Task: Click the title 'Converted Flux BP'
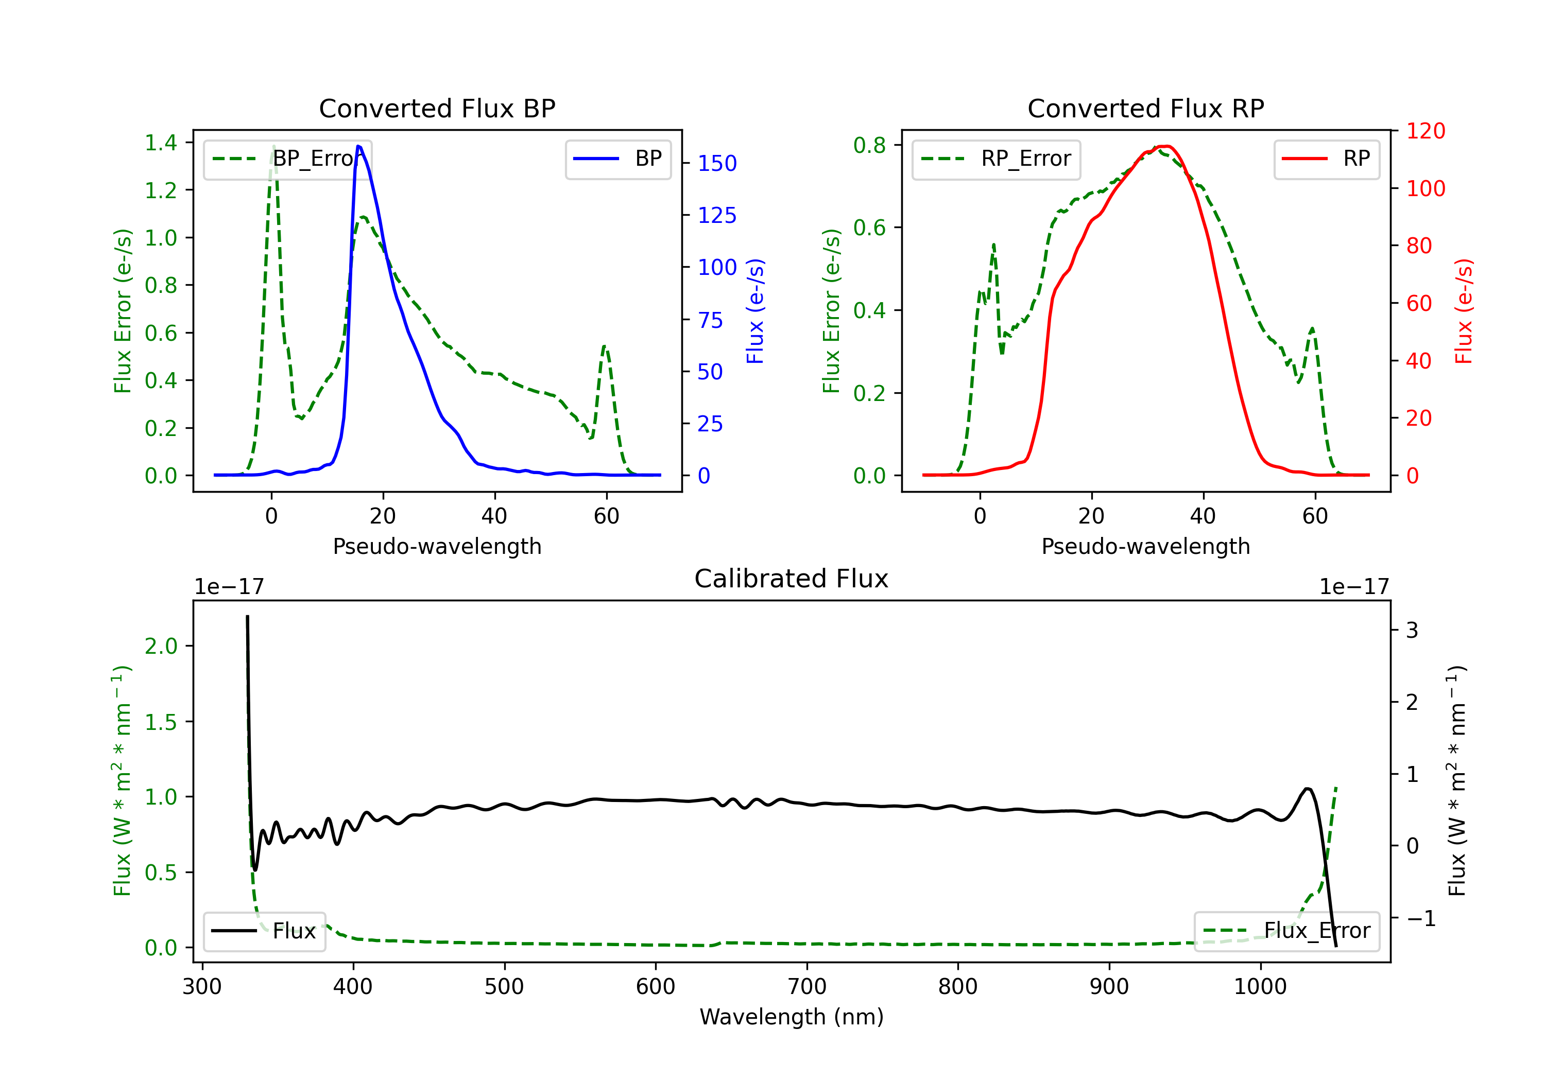(x=437, y=108)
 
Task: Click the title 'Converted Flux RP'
(x=1145, y=108)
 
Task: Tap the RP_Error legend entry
(x=996, y=159)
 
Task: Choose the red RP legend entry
(x=1326, y=159)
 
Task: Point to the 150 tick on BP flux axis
(x=717, y=164)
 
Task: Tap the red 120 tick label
(x=1425, y=131)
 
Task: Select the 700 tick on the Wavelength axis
(x=807, y=986)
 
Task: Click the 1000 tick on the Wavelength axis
(x=1260, y=986)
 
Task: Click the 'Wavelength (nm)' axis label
(x=792, y=1017)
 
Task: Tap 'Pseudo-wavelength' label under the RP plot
(x=1145, y=546)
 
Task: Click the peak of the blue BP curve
(x=358, y=147)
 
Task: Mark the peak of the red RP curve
(x=1165, y=147)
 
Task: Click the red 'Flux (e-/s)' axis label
(x=1463, y=311)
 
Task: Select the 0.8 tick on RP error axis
(x=869, y=145)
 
